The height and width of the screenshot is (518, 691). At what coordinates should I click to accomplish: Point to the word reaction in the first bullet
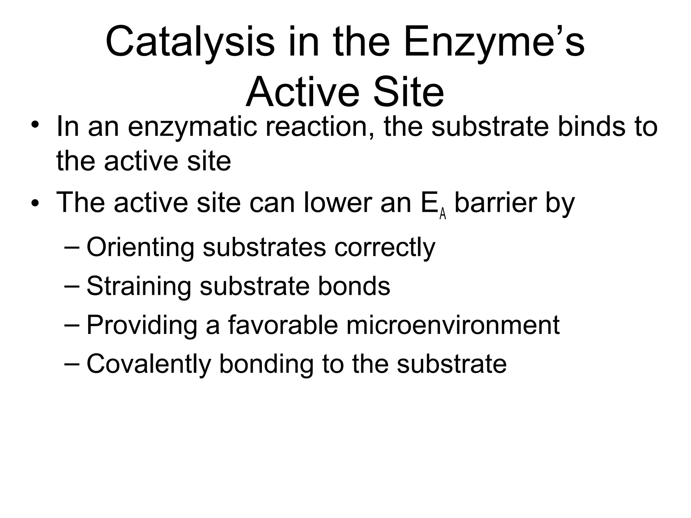[320, 127]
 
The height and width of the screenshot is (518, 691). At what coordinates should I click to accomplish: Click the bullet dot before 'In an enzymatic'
[35, 125]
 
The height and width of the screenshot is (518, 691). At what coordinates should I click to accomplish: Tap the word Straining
[139, 286]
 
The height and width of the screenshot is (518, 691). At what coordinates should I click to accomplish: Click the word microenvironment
[453, 325]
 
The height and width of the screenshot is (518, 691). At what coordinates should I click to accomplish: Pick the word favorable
[283, 325]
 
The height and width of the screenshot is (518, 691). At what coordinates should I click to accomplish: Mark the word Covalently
[149, 364]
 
